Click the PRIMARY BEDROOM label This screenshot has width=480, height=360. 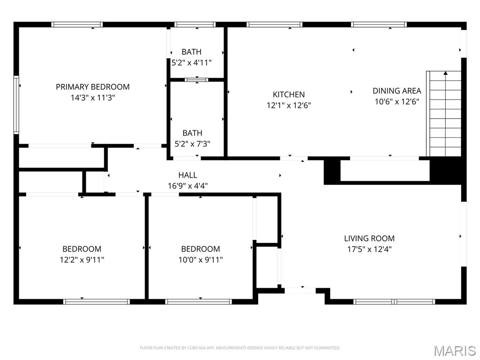pyautogui.click(x=92, y=87)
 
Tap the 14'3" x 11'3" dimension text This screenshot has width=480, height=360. pyautogui.click(x=92, y=98)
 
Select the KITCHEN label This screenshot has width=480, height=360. pyautogui.click(x=289, y=94)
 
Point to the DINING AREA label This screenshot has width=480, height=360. pyautogui.click(x=397, y=91)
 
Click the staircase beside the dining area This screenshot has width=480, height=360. pyautogui.click(x=445, y=114)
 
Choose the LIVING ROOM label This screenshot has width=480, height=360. pyautogui.click(x=369, y=238)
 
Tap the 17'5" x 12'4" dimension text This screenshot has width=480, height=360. pyautogui.click(x=369, y=249)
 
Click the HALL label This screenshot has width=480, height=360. pyautogui.click(x=187, y=175)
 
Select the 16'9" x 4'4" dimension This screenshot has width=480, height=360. pyautogui.click(x=187, y=186)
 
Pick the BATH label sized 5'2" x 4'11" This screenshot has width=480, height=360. pyautogui.click(x=191, y=52)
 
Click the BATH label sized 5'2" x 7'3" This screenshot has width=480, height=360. pyautogui.click(x=192, y=133)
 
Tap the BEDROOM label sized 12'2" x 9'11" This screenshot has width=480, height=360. pyautogui.click(x=82, y=249)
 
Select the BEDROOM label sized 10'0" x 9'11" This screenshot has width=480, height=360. pyautogui.click(x=200, y=249)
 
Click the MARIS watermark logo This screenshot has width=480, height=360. pyautogui.click(x=454, y=351)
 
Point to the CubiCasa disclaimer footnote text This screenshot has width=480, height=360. pyautogui.click(x=240, y=348)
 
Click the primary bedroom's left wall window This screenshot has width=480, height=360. pyautogui.click(x=16, y=105)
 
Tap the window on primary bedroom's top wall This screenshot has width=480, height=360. pyautogui.click(x=77, y=24)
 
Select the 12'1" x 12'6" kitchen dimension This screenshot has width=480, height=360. pyautogui.click(x=289, y=105)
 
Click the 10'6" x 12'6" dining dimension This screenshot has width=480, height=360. pyautogui.click(x=397, y=102)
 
